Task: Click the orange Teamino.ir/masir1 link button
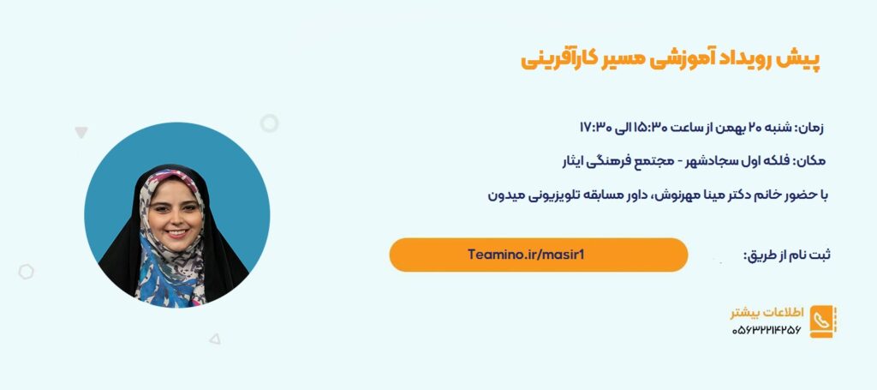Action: [x=539, y=255]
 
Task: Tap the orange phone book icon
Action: [x=823, y=321]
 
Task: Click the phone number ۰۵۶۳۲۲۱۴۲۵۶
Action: [x=767, y=330]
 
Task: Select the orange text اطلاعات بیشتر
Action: [x=767, y=312]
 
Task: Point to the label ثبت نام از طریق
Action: [x=786, y=255]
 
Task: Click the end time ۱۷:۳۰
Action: [x=594, y=127]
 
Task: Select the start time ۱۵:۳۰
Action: [x=648, y=127]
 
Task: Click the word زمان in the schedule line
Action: [x=810, y=128]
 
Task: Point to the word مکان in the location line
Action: [x=810, y=161]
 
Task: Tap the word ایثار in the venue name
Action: [x=574, y=161]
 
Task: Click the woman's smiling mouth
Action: [x=177, y=232]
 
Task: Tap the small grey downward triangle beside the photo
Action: [x=81, y=132]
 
